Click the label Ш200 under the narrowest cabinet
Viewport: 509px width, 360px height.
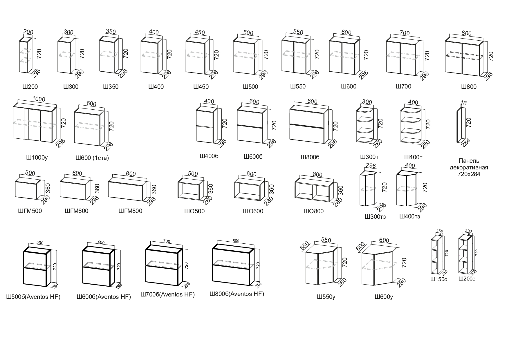pyautogui.click(x=30, y=87)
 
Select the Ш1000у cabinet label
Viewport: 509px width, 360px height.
pyautogui.click(x=37, y=158)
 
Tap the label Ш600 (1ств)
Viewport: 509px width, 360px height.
pyautogui.click(x=92, y=158)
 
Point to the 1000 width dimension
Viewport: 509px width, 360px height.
pyautogui.click(x=39, y=99)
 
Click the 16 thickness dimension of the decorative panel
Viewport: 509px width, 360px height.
pyautogui.click(x=463, y=103)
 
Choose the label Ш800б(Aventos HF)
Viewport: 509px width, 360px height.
pyautogui.click(x=237, y=294)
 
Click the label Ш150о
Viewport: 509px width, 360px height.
pyautogui.click(x=439, y=280)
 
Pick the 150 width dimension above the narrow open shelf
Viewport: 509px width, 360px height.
pyautogui.click(x=440, y=231)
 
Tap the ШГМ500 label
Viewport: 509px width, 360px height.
pyautogui.click(x=30, y=211)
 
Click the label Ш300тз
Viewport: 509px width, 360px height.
pyautogui.click(x=375, y=217)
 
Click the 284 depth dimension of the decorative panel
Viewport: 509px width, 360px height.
pyautogui.click(x=465, y=143)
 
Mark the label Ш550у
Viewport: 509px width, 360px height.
pyautogui.click(x=326, y=297)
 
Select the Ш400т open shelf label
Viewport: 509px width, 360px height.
pyautogui.click(x=413, y=157)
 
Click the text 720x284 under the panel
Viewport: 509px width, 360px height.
pyautogui.click(x=469, y=174)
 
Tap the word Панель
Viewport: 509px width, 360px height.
pyautogui.click(x=469, y=161)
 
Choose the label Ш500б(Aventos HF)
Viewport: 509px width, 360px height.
pyautogui.click(x=33, y=297)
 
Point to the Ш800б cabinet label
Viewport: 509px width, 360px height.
pyautogui.click(x=310, y=157)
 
